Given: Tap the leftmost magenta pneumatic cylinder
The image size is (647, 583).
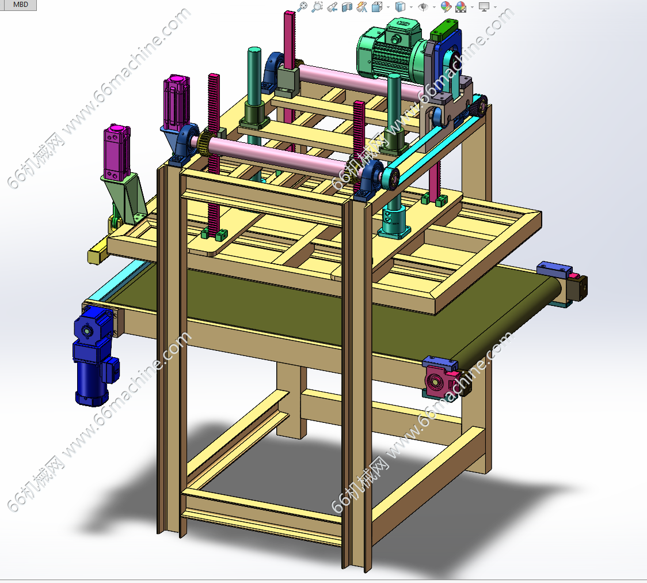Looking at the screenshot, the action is coord(117,152).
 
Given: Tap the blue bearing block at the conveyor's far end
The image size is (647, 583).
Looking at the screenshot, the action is coord(554,270).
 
